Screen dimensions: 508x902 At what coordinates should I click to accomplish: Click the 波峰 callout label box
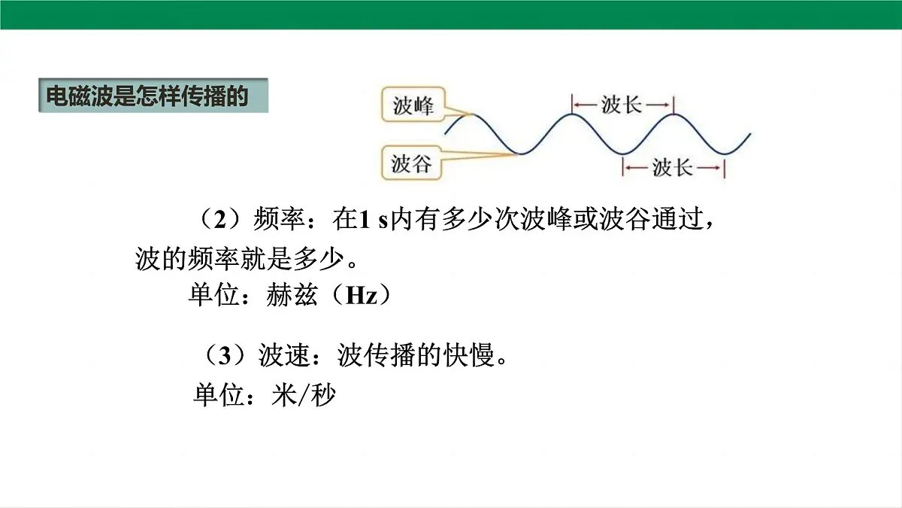tap(413, 106)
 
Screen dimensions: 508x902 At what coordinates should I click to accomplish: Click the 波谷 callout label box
tap(412, 163)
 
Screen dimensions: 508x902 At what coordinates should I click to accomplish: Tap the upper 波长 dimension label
tap(622, 105)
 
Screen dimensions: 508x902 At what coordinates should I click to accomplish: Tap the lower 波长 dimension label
tap(673, 167)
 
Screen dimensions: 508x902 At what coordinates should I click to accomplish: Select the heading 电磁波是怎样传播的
tap(147, 97)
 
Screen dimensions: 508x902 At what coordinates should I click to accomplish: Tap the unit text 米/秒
tap(303, 395)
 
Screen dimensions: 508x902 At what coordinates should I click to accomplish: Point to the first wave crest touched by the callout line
tap(472, 114)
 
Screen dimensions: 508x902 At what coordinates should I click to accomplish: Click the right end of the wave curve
tap(749, 135)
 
